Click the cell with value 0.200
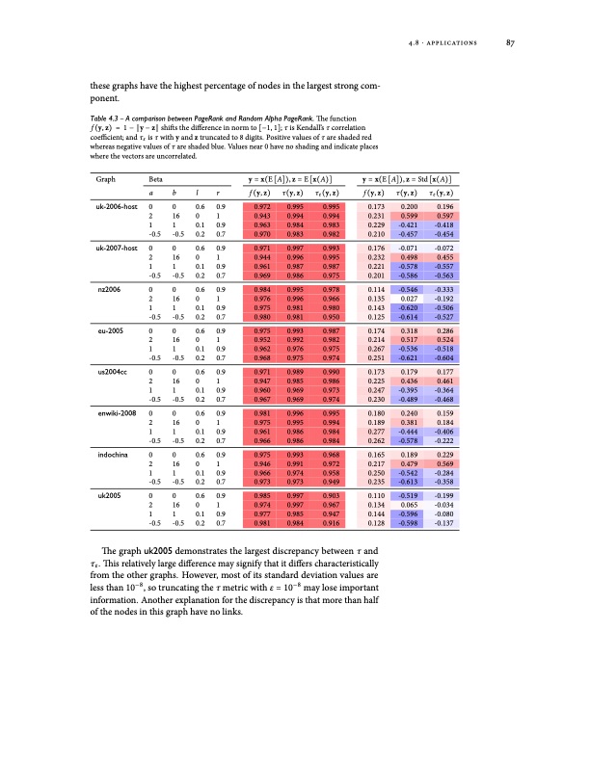click(409, 207)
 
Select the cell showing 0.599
click(409, 216)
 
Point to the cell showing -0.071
click(409, 249)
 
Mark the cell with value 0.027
click(409, 298)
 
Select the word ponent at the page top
click(103, 97)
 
